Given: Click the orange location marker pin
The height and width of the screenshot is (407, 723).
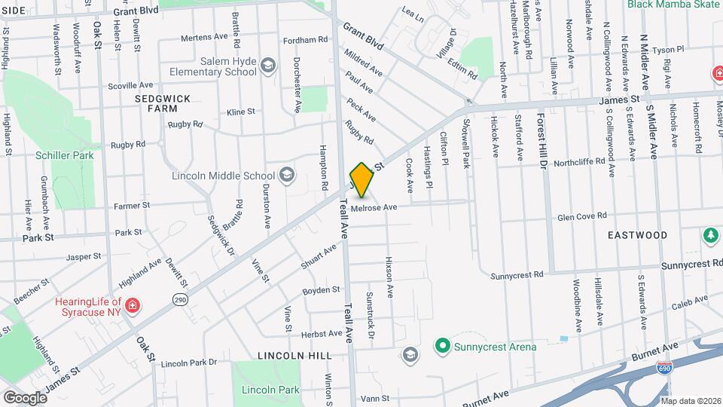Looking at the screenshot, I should tap(362, 179).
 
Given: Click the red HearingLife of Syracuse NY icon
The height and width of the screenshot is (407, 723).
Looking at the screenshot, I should tap(132, 306).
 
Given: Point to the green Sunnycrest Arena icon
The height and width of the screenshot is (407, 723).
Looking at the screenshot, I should tap(442, 347).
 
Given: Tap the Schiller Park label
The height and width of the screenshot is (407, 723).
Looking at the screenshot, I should tap(64, 156).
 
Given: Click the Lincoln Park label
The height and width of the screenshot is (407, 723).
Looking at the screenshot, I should tap(270, 390).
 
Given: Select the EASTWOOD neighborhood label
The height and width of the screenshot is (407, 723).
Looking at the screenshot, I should tap(639, 235).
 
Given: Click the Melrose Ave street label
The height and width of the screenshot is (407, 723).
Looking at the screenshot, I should tap(374, 207).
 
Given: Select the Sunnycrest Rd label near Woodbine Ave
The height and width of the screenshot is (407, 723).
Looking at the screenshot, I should tap(516, 276).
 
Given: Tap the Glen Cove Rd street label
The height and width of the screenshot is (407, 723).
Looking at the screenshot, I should tap(581, 216).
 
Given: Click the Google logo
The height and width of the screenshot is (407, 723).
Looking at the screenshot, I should tap(25, 397).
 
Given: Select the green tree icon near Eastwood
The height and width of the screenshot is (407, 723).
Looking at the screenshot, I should tap(710, 236).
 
